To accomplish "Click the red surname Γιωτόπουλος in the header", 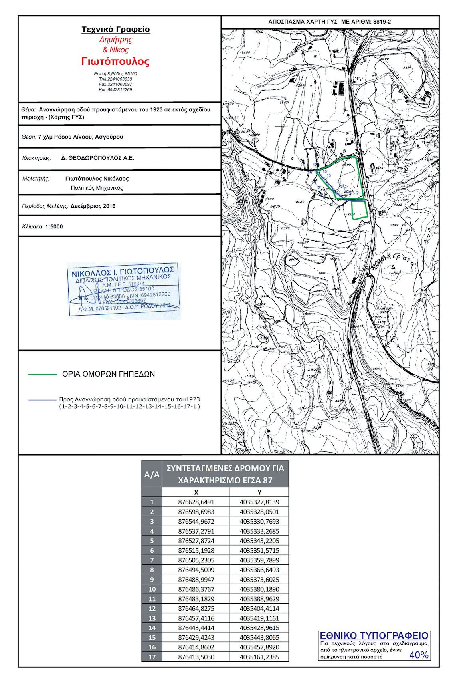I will (x=115, y=62).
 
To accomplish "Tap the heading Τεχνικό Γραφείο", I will (x=116, y=29).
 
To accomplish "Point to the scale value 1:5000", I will (x=54, y=226).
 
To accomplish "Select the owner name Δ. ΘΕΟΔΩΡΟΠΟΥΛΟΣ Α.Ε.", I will (x=97, y=158).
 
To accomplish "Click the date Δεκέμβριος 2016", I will (x=93, y=206).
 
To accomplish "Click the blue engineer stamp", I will (x=124, y=290).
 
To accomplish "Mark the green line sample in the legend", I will (x=42, y=375).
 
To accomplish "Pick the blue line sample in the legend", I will (x=42, y=399).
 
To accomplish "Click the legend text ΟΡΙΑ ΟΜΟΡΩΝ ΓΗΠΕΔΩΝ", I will (x=109, y=374).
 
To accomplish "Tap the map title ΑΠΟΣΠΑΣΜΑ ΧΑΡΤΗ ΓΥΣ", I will (x=303, y=22).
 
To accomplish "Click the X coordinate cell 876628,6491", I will (x=196, y=502).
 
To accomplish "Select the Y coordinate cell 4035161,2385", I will (x=259, y=657).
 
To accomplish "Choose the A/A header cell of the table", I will (x=152, y=474).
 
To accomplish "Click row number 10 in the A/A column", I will (x=152, y=589).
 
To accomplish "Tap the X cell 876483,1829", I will (x=196, y=599).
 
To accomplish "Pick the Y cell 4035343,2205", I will (x=259, y=541).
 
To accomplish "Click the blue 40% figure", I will (x=419, y=655).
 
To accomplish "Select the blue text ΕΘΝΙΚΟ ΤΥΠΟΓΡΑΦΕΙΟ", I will (x=374, y=636).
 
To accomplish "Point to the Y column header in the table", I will (x=259, y=492).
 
